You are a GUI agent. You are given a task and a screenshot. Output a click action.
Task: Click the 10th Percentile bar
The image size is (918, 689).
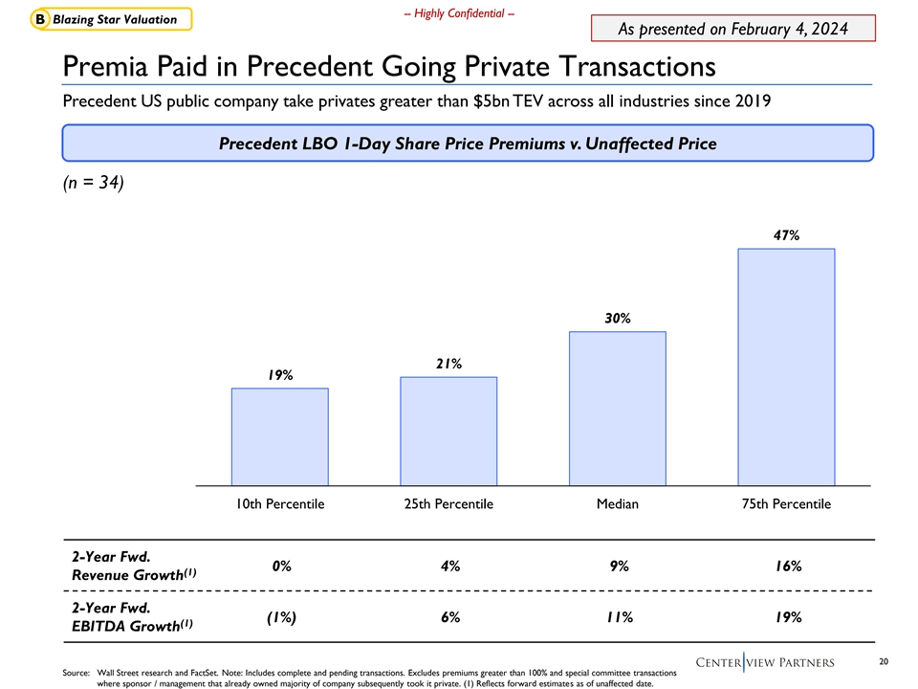pyautogui.click(x=280, y=436)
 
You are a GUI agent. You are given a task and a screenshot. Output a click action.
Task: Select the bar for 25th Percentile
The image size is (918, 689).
pyautogui.click(x=448, y=431)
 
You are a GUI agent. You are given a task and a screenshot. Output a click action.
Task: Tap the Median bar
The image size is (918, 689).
pyautogui.click(x=618, y=408)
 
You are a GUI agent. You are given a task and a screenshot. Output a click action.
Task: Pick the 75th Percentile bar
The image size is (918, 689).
pyautogui.click(x=787, y=367)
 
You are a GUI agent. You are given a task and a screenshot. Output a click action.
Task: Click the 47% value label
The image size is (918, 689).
pyautogui.click(x=787, y=234)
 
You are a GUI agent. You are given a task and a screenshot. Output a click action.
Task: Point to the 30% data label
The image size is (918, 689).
pyautogui.click(x=618, y=318)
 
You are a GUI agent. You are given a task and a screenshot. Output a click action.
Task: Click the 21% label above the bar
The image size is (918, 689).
pyautogui.click(x=448, y=364)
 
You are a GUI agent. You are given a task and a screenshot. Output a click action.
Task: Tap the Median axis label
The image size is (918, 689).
pyautogui.click(x=618, y=504)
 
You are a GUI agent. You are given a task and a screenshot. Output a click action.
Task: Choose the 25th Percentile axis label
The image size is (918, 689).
pyautogui.click(x=448, y=504)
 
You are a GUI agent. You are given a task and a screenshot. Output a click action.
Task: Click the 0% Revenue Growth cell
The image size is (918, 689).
pyautogui.click(x=281, y=567)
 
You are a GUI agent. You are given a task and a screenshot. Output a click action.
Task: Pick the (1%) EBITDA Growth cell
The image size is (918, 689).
pyautogui.click(x=281, y=617)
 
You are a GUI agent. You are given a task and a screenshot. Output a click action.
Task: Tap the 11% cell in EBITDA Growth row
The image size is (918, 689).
pyautogui.click(x=619, y=617)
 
